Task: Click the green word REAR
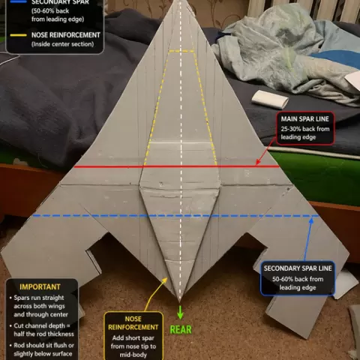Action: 181,329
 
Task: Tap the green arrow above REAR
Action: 180,312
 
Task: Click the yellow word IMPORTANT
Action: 40,286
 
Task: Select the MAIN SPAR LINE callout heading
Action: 304,119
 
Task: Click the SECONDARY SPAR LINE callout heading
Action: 298,268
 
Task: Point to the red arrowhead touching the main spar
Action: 258,163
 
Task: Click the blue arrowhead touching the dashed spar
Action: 311,220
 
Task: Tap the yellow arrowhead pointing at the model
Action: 164,280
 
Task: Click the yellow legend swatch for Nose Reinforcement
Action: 18,35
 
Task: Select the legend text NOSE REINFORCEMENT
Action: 66,35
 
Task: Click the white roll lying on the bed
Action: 270,99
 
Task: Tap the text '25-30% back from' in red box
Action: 305,129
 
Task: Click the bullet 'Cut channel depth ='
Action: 42,325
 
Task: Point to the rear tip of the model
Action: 180,301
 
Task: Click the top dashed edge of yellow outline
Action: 181,52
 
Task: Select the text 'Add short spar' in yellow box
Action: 133,338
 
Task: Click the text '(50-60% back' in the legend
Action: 50,11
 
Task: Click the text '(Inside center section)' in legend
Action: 63,44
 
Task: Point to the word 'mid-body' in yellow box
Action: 133,355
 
